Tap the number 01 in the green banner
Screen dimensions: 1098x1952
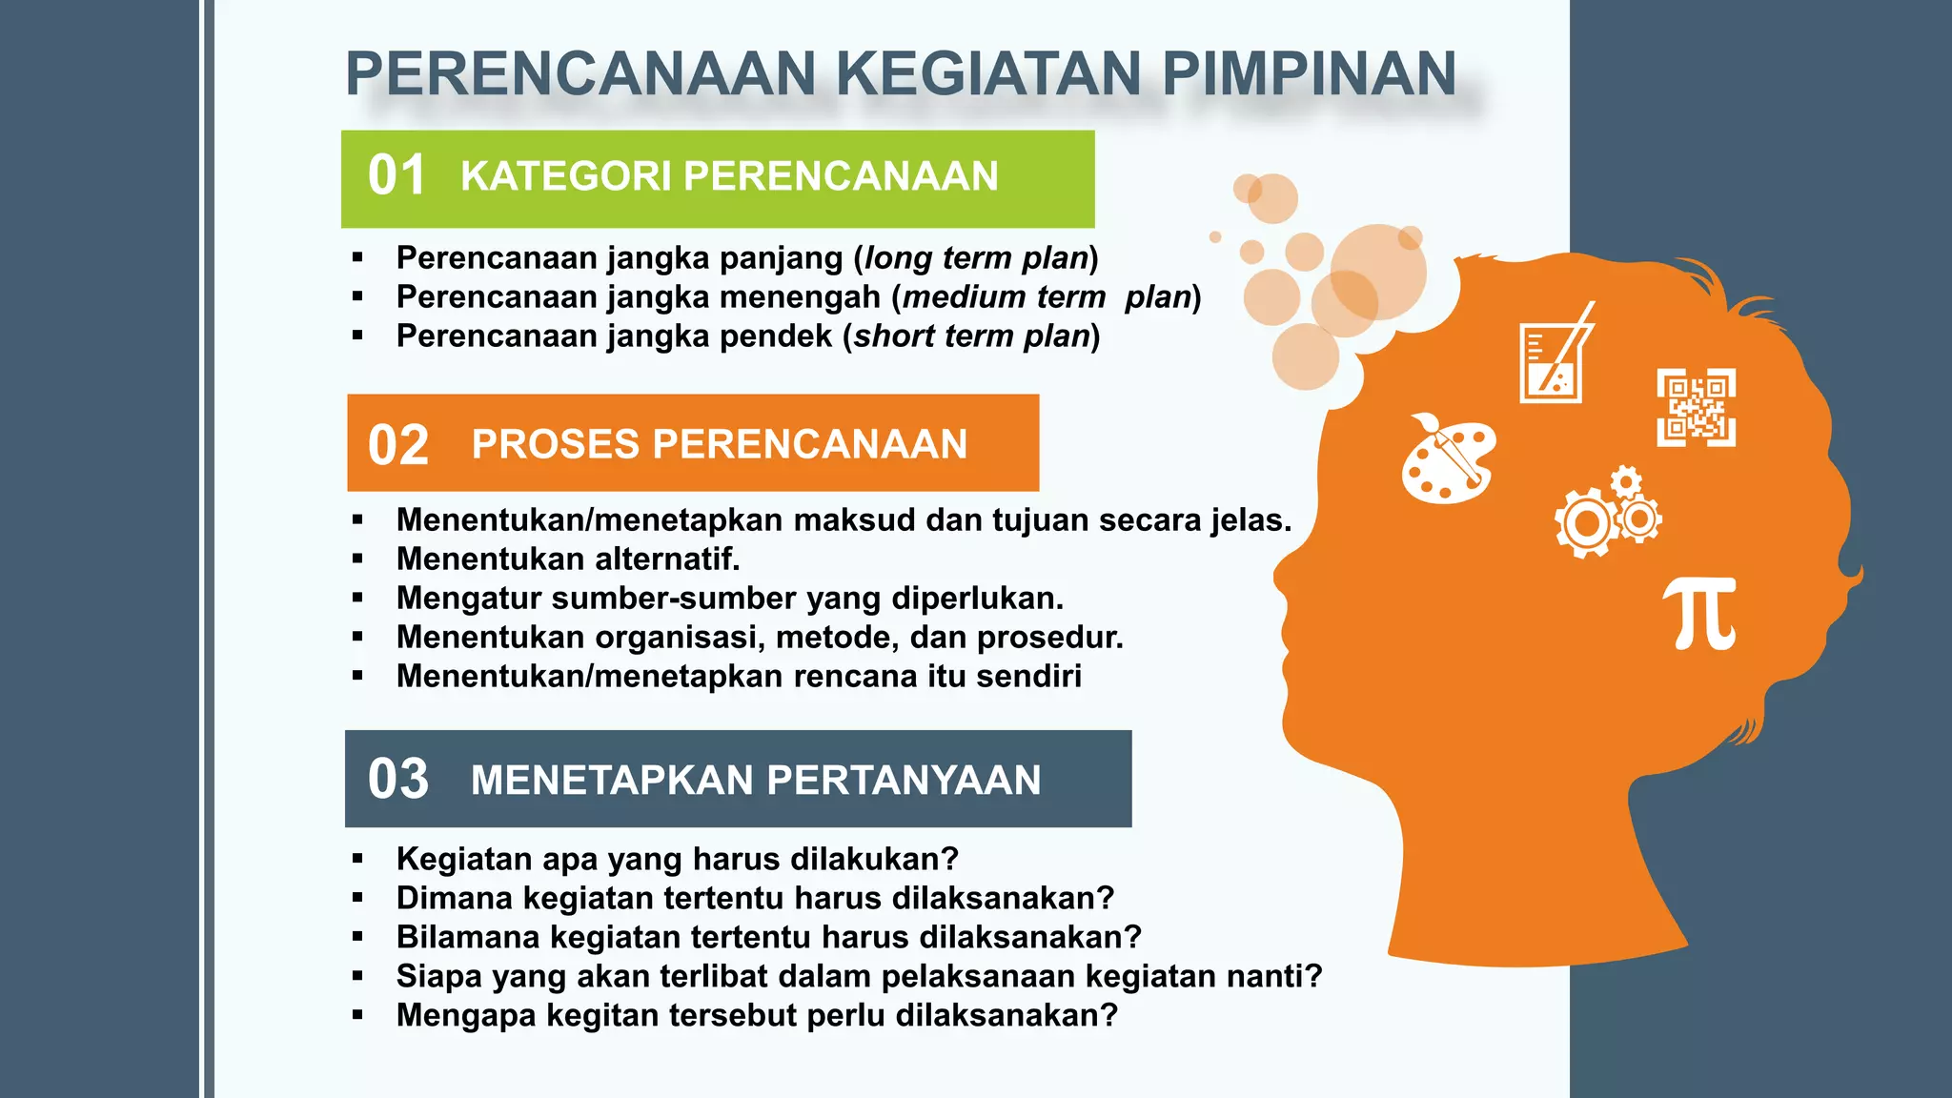point(396,176)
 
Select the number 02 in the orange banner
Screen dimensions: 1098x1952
point(398,445)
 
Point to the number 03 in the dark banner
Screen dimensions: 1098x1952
point(398,779)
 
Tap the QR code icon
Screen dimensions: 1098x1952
point(1696,407)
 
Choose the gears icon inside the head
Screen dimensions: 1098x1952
point(1607,514)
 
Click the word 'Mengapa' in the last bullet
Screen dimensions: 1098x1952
point(466,1016)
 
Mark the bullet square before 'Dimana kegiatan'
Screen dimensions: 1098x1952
point(357,898)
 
